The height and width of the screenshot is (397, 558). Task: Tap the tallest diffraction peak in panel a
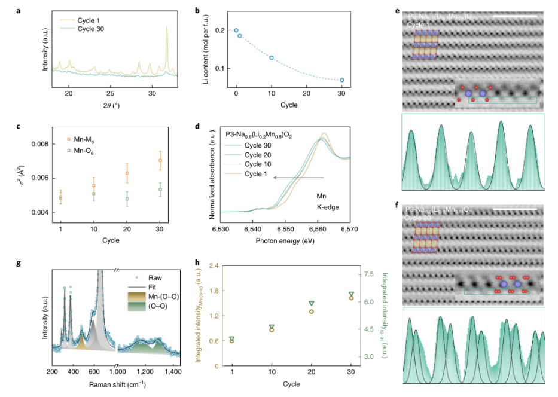[x=167, y=27]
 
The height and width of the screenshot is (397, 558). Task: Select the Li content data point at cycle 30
[x=342, y=80]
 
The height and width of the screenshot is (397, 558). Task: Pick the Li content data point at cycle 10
[x=272, y=57]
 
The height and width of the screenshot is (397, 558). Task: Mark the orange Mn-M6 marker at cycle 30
[x=160, y=160]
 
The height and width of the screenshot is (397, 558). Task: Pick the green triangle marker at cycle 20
[x=311, y=304]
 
